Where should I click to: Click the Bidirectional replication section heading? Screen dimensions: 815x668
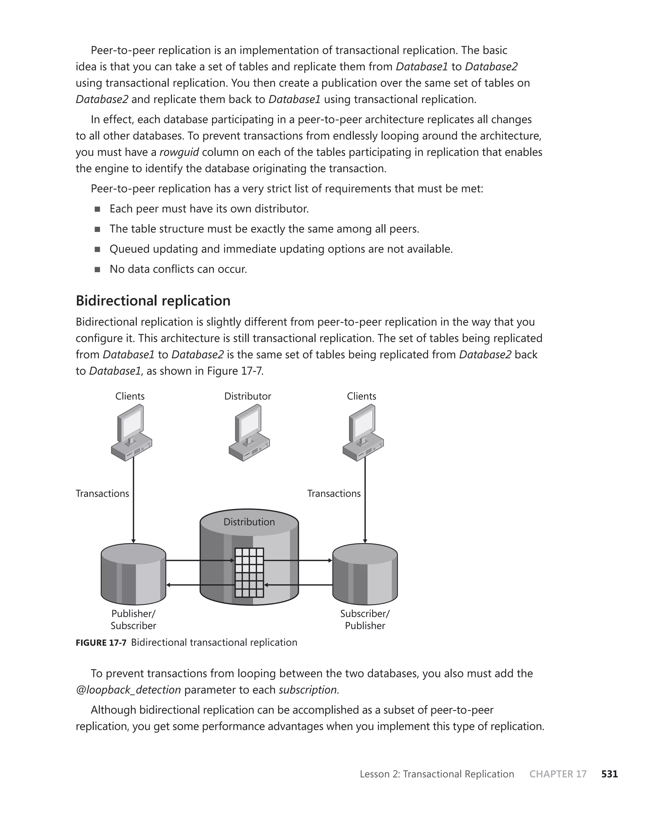coord(153,300)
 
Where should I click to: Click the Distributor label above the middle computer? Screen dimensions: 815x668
coord(248,396)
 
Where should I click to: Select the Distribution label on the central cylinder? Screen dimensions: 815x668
coord(249,522)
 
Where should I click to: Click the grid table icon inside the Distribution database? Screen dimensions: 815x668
coord(249,573)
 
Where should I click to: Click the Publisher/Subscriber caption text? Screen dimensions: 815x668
coord(133,620)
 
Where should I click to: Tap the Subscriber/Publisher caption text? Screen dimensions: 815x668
coord(365,620)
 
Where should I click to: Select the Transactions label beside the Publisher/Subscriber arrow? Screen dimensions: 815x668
coord(102,493)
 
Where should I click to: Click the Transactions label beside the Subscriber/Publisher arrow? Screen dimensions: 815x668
coord(334,493)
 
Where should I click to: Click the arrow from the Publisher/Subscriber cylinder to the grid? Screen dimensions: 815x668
coord(200,560)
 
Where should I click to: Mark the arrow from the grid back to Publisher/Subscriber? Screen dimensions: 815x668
coord(200,585)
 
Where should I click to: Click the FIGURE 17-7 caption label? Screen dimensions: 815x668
coord(101,643)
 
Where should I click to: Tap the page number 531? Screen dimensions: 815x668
coord(610,774)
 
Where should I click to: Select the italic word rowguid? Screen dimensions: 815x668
coord(179,152)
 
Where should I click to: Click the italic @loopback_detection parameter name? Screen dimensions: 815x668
coord(128,690)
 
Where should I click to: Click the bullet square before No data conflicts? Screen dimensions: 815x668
coord(97,269)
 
